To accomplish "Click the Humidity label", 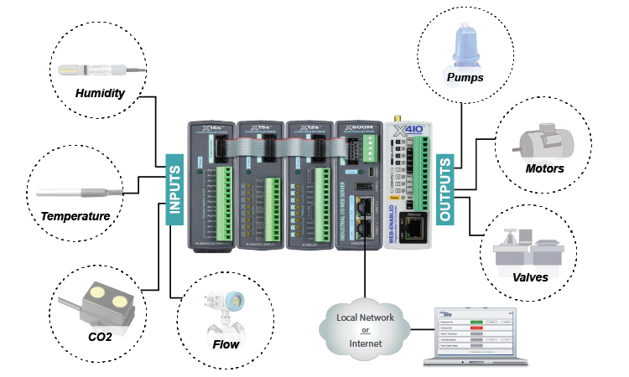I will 100,92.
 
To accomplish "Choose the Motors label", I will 544,168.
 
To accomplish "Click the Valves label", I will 531,277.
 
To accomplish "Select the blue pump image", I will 464,46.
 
